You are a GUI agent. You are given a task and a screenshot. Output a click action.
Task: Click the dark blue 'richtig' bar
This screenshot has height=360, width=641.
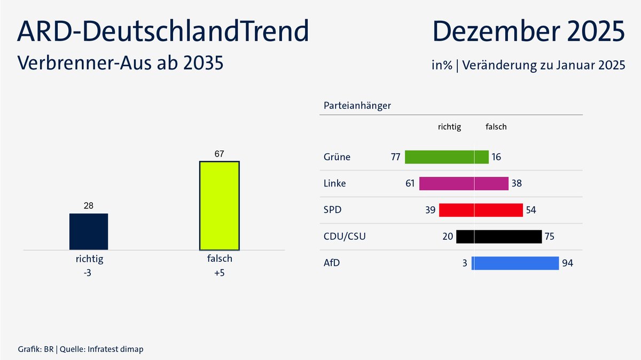click(89, 231)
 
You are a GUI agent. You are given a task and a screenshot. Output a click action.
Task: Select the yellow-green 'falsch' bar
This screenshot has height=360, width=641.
click(219, 205)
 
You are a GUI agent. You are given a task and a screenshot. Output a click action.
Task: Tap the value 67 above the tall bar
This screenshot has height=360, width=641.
click(219, 154)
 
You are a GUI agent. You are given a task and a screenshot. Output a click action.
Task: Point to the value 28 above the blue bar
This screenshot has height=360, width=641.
click(89, 206)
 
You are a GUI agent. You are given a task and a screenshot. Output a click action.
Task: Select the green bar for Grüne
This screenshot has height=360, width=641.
click(447, 157)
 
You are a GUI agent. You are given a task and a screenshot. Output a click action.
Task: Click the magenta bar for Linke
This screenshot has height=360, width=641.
click(464, 183)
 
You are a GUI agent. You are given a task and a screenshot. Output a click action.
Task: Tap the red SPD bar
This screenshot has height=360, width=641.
click(481, 210)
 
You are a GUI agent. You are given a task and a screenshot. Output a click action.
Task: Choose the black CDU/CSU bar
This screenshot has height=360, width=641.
click(499, 237)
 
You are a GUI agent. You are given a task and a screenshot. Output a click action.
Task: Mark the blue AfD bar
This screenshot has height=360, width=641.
click(515, 263)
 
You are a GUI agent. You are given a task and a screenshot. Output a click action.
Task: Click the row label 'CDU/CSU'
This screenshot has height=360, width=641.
click(345, 237)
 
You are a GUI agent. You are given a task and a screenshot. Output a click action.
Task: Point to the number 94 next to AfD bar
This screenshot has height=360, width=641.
click(568, 263)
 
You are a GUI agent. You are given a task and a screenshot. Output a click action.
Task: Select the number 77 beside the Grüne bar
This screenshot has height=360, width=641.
click(396, 157)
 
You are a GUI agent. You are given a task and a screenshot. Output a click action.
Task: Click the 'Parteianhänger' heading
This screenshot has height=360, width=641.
click(357, 105)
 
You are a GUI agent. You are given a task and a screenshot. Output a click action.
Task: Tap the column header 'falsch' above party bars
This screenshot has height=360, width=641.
click(496, 127)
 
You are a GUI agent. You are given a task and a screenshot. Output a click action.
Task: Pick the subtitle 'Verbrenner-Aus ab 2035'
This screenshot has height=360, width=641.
click(120, 63)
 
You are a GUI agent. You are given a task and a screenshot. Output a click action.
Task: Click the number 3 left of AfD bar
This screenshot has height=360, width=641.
click(465, 263)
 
